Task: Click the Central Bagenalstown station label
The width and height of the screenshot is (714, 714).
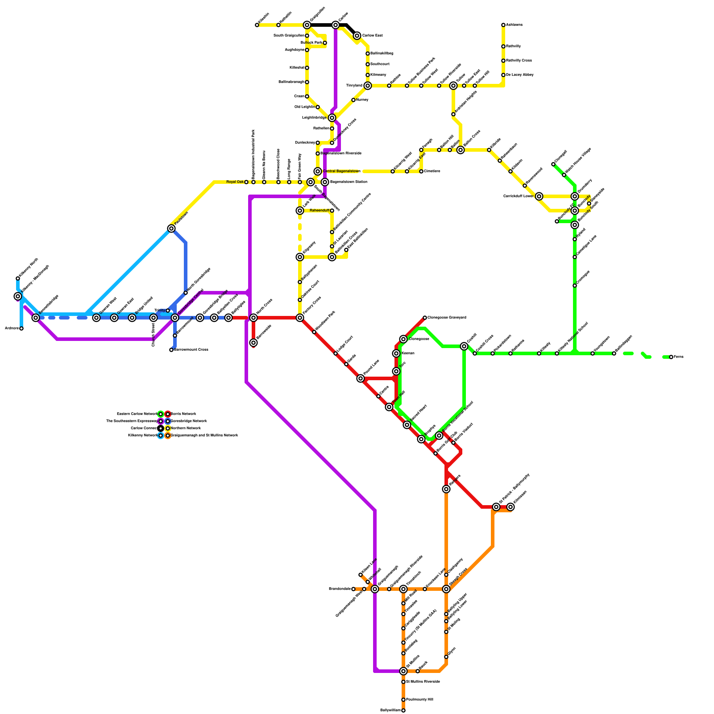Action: coord(341,171)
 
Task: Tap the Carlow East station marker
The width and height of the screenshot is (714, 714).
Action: coord(357,36)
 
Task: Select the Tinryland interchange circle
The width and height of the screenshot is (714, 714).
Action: coord(367,86)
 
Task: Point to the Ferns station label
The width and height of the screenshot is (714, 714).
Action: coord(678,357)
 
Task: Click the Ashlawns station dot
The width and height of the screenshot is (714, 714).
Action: coord(503,25)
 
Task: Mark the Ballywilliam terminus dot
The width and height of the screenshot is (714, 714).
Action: coord(403,710)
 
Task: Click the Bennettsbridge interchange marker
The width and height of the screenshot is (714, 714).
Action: coord(36,318)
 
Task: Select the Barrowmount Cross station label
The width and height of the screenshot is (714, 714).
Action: coord(191,350)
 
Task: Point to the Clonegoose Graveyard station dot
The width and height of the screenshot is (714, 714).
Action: coord(425,318)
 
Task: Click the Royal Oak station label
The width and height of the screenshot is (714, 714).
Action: coord(235,182)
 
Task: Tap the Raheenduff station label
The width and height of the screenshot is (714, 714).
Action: coord(319,211)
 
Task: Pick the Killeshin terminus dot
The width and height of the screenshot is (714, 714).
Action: coord(257,25)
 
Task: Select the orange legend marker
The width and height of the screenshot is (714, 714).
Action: coord(168,436)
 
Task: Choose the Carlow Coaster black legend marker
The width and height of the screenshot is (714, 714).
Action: coord(161,428)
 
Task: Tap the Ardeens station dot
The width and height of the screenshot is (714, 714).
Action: coord(21,328)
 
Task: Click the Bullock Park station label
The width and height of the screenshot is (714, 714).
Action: coord(311,43)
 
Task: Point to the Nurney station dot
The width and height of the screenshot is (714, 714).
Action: coord(353,100)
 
